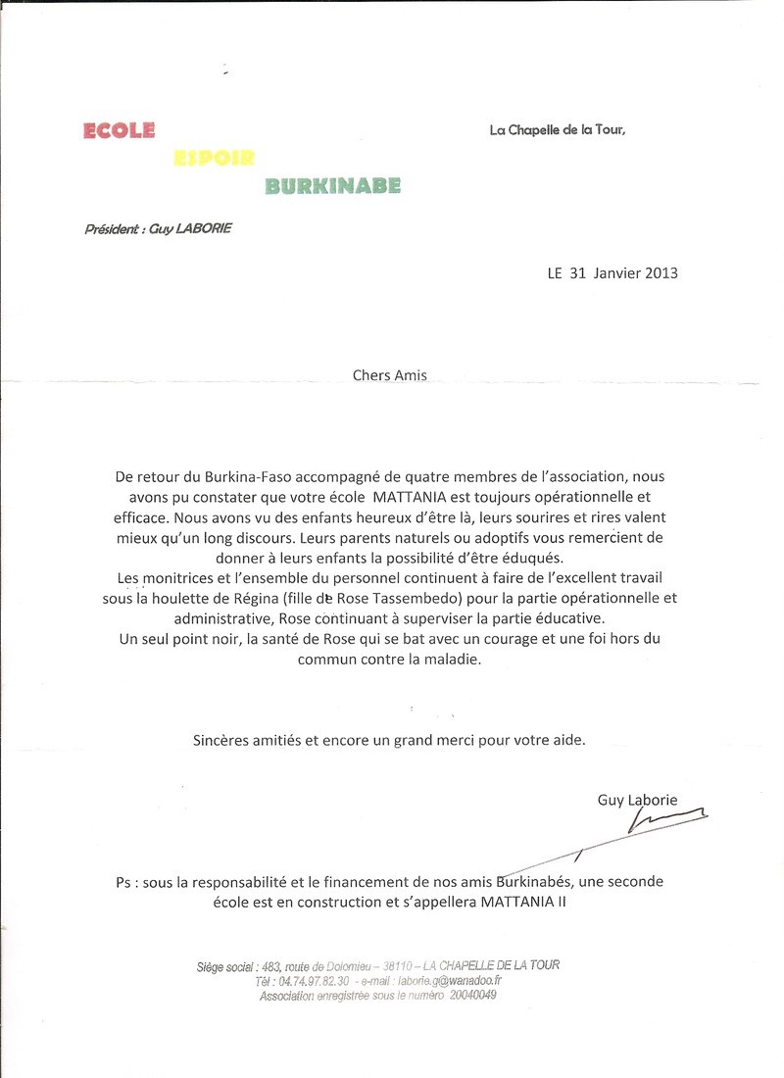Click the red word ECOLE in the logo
[120, 130]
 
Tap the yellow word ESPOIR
[213, 158]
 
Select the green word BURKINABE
[332, 185]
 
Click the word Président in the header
[113, 229]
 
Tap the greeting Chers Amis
[389, 375]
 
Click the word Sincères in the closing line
[221, 740]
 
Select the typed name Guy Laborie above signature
[637, 799]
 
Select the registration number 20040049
[473, 996]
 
